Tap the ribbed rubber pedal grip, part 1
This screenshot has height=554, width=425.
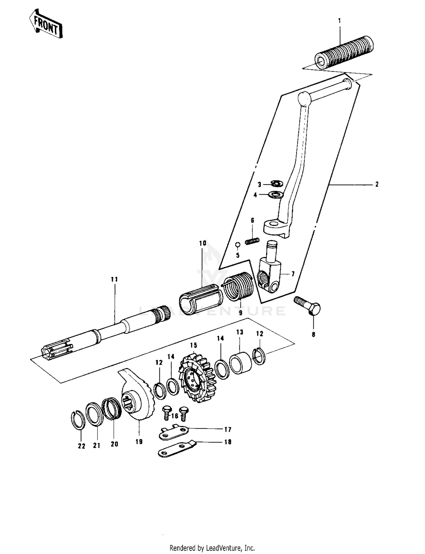pyautogui.click(x=344, y=53)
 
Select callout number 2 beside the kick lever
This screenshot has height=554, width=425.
pyautogui.click(x=377, y=184)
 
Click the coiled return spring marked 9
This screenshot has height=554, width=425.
pyautogui.click(x=238, y=286)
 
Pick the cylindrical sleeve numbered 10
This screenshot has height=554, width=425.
pyautogui.click(x=200, y=300)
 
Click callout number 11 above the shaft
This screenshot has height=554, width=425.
pyautogui.click(x=114, y=279)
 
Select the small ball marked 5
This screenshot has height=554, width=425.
pyautogui.click(x=238, y=245)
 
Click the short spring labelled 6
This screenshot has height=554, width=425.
pyautogui.click(x=252, y=241)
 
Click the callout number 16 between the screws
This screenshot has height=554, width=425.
pyautogui.click(x=175, y=416)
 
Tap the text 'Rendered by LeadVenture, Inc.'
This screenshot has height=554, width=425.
pyautogui.click(x=212, y=548)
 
